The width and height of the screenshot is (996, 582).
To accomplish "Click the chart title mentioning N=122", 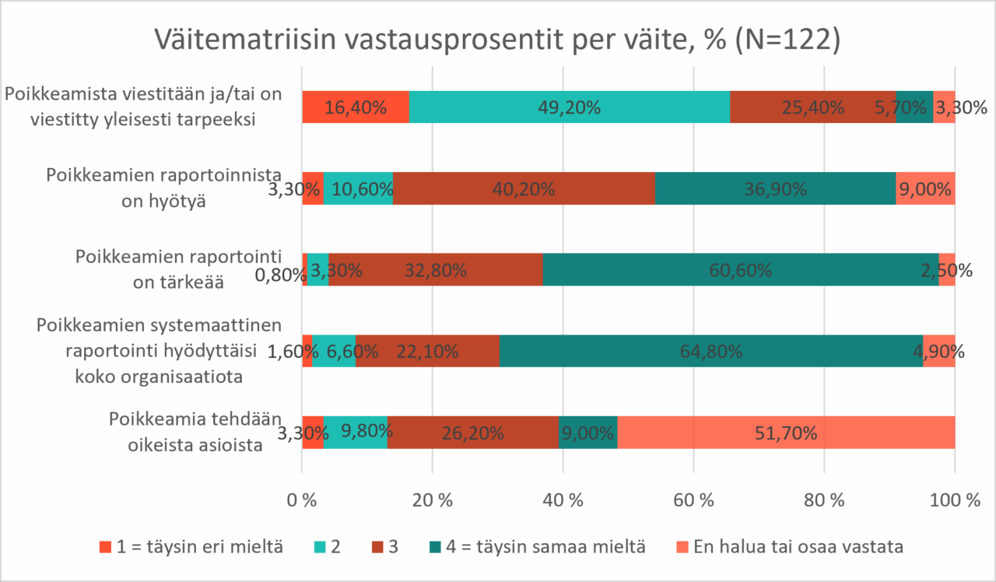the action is click(x=497, y=40).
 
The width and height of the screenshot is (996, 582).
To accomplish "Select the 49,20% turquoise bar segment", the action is click(x=570, y=107).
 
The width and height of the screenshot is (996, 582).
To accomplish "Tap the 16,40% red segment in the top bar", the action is click(x=356, y=107).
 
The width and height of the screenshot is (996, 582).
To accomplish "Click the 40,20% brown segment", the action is click(x=524, y=188).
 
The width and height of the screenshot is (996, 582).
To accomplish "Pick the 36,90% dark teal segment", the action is click(x=776, y=188).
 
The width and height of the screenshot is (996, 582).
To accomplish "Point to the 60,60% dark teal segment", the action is click(x=741, y=269).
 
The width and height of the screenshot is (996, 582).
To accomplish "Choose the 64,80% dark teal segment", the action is click(x=711, y=351).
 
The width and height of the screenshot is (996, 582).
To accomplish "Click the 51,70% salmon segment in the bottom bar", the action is click(x=786, y=432).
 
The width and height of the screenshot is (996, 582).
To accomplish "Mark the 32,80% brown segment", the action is click(x=436, y=269).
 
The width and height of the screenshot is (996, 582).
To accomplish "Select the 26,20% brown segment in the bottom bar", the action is click(x=473, y=432).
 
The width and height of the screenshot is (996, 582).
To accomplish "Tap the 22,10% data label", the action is click(x=427, y=352).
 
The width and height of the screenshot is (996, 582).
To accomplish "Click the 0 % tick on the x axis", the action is click(x=302, y=500).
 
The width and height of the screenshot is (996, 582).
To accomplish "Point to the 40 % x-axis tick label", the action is click(x=563, y=500).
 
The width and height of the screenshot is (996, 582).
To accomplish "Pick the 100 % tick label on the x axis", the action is click(x=955, y=500).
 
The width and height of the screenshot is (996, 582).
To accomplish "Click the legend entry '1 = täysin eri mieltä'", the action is click(x=191, y=546).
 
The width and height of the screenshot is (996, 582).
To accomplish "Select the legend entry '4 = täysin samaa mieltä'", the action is click(x=538, y=546).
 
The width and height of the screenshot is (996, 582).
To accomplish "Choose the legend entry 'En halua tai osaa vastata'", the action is click(x=790, y=546).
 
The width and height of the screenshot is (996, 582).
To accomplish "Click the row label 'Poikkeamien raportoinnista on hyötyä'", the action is click(x=163, y=188).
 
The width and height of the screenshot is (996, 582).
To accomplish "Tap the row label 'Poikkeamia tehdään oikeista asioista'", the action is click(x=195, y=432).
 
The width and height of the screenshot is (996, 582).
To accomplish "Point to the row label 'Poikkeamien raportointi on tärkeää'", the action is click(x=178, y=269).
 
